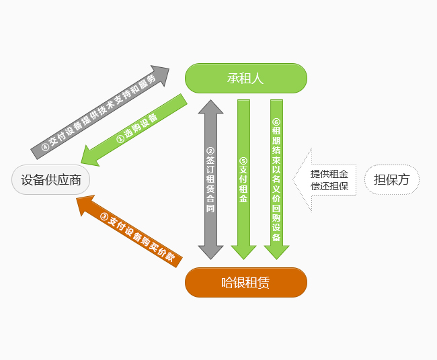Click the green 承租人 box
tap(245, 78)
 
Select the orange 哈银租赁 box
tap(245, 282)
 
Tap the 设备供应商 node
tap(51, 180)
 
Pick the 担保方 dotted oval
tap(391, 179)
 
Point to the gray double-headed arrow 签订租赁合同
tap(210, 180)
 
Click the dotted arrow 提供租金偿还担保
tap(326, 180)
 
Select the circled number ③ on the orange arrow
tap(104, 216)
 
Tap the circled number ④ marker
tap(46, 146)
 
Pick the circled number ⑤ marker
tap(243, 161)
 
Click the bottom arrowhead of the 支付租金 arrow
tap(243, 252)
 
